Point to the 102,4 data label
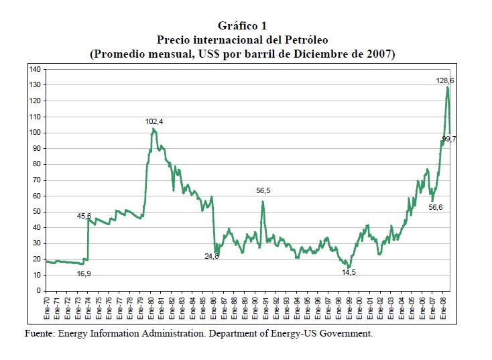coord(155,121)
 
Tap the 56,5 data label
coord(263,191)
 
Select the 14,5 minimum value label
coord(349,272)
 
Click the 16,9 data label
coord(84,274)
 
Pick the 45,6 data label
coord(84,216)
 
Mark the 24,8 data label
coord(212,255)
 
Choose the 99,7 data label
coord(449,139)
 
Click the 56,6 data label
coord(435,208)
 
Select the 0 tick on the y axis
coord(39,291)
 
